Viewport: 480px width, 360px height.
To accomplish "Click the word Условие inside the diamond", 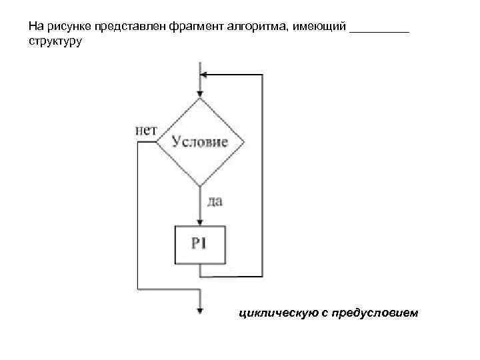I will coord(200,142).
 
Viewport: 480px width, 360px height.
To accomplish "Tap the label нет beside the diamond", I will coord(146,131).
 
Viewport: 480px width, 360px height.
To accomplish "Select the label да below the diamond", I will coord(215,201).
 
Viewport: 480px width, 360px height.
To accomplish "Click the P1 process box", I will coord(200,243).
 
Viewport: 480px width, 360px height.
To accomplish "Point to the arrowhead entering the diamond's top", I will coord(200,93).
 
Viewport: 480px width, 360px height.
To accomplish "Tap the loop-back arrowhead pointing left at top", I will coord(205,75).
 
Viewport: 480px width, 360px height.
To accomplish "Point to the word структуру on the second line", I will coord(55,41).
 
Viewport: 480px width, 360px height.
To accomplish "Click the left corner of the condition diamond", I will coord(157,142).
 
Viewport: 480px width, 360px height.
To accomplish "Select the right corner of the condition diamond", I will coord(243,142).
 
